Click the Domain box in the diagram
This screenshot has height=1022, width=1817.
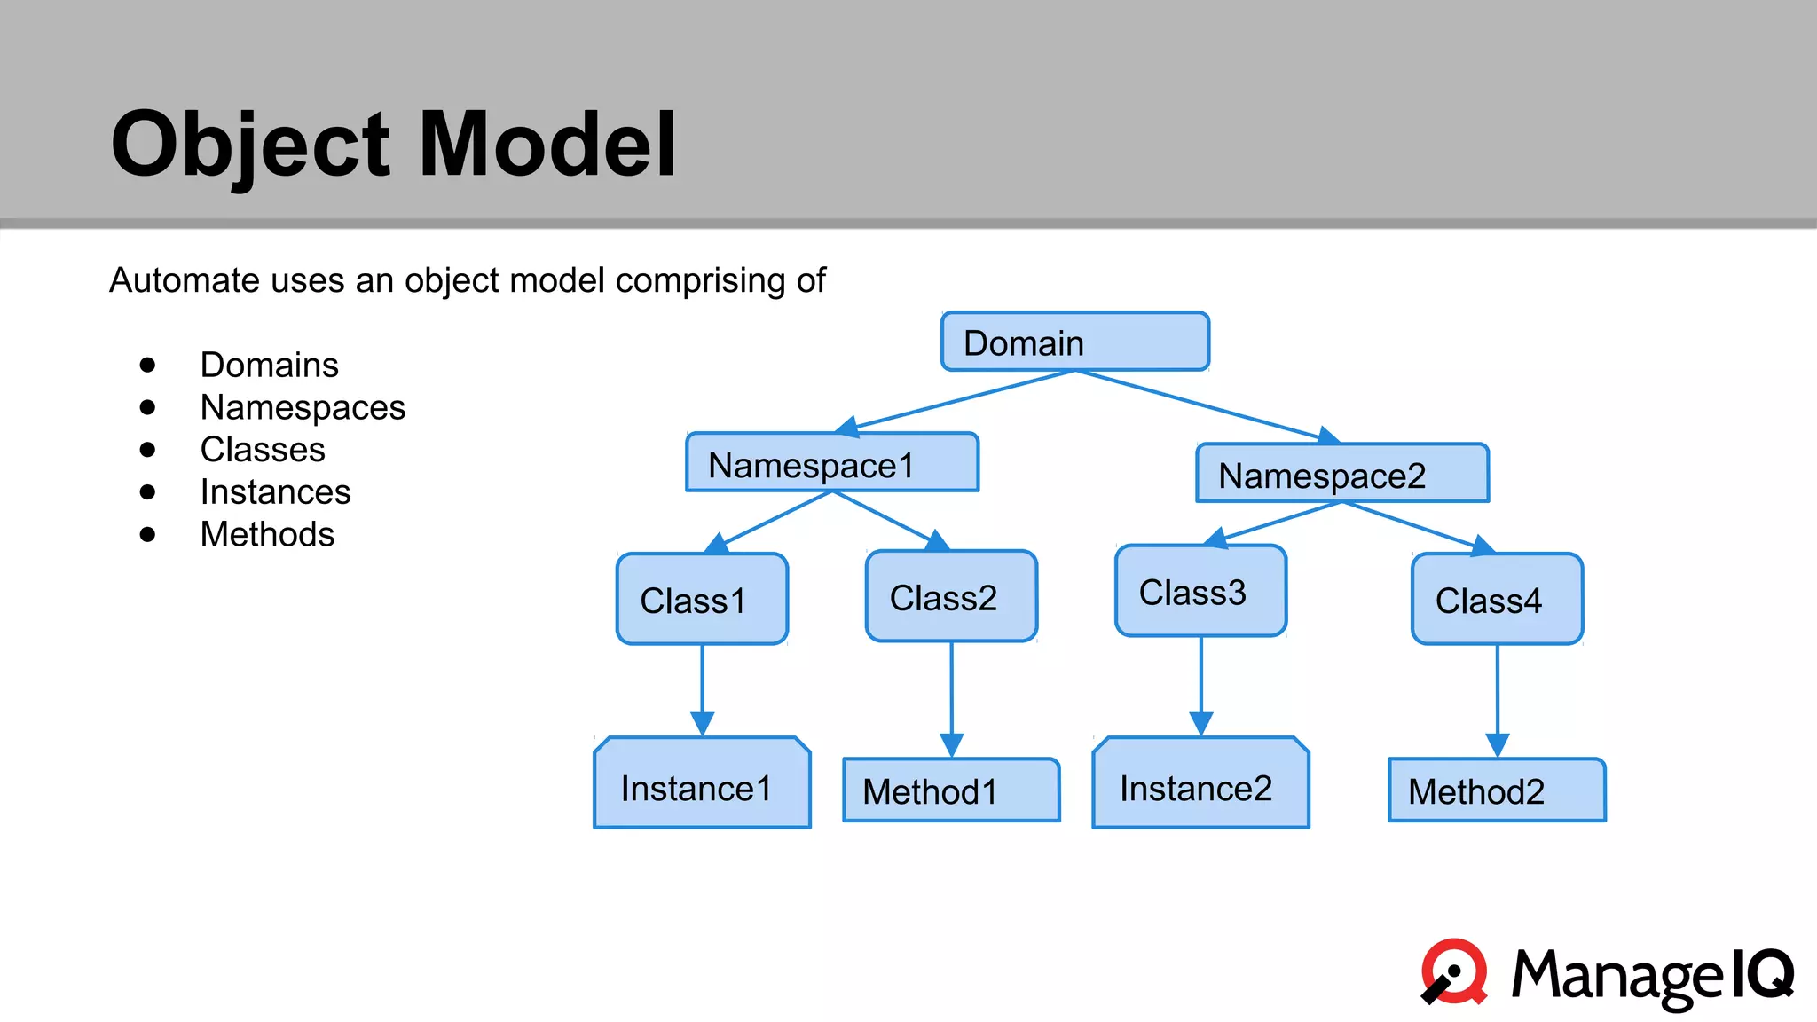[1074, 342]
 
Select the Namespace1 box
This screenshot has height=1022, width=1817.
[832, 462]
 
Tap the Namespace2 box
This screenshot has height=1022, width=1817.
[1341, 474]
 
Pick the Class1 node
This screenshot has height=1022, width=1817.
[702, 600]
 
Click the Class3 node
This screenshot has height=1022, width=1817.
[1200, 592]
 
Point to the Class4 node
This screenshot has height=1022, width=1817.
[1497, 600]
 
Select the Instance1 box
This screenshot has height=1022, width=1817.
[702, 784]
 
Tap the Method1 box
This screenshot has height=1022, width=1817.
[951, 790]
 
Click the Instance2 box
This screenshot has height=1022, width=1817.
[1200, 784]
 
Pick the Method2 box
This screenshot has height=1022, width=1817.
[1497, 790]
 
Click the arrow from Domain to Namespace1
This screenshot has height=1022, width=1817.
[958, 401]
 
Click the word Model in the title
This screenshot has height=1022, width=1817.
[547, 145]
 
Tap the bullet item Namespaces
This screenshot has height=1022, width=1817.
[303, 407]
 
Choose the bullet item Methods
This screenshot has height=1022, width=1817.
[267, 534]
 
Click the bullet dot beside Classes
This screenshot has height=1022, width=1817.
[148, 450]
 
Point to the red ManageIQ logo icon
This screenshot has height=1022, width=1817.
[1455, 972]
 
